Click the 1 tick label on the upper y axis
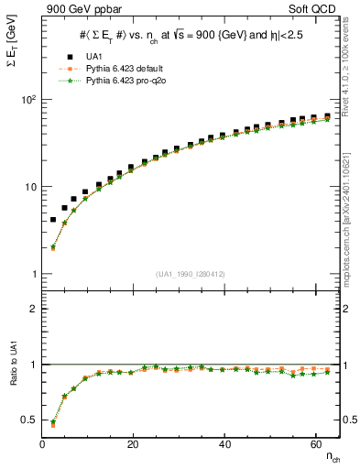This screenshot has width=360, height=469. click(x=33, y=274)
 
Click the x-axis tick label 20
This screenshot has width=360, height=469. click(x=134, y=443)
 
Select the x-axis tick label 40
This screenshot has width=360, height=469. click(x=224, y=443)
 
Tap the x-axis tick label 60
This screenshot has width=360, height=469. click(x=315, y=443)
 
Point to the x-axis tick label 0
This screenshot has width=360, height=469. click(x=43, y=443)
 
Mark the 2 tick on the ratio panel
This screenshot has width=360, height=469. click(x=33, y=309)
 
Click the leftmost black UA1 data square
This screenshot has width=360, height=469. click(x=53, y=220)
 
